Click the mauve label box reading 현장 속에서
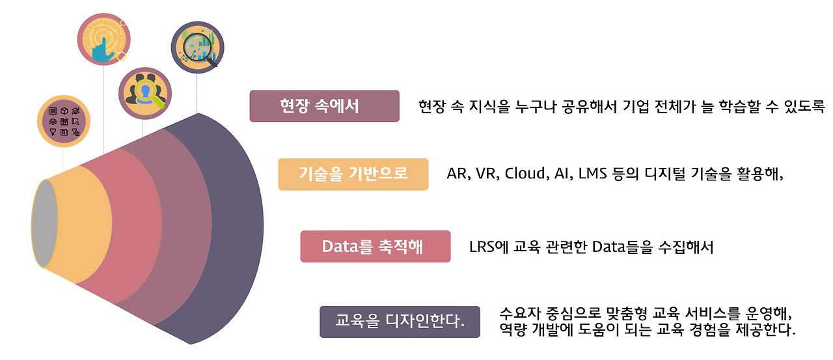pos(324,106)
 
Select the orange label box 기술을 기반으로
pos(353,174)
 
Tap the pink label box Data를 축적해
pos(375,247)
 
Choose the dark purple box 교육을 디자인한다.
pos(400,322)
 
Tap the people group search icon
pos(144,94)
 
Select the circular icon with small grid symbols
pos(64,121)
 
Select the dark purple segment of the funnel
pos(234,228)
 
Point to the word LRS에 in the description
pos(489,247)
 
